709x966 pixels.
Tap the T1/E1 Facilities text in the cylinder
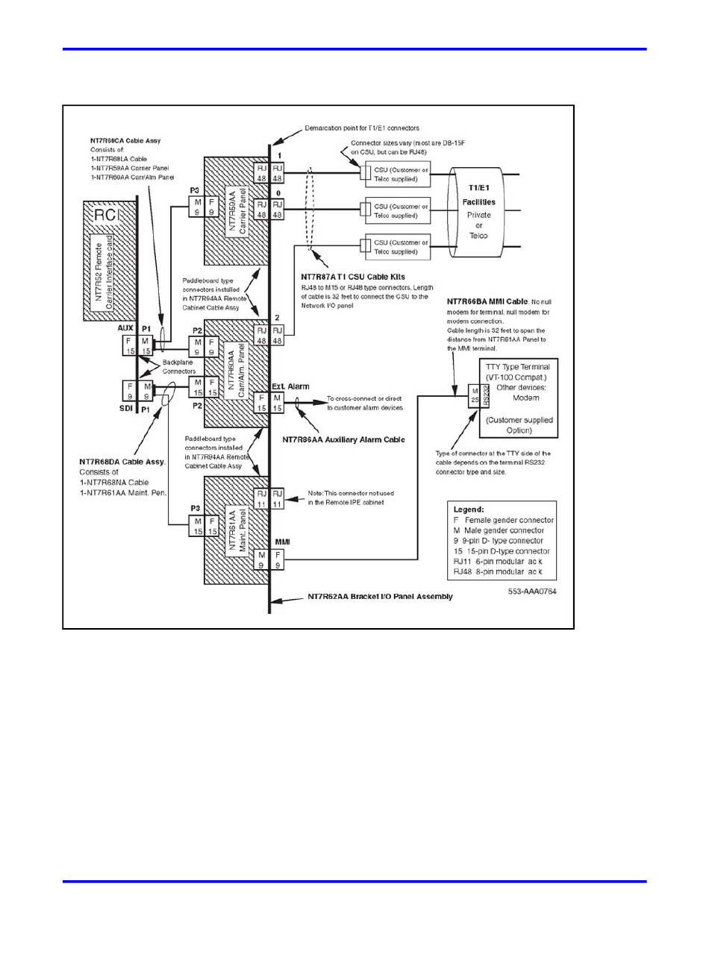[478, 196]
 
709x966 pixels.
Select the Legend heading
[469, 509]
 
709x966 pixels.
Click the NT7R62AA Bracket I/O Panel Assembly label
[380, 597]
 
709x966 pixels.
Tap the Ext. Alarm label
[290, 386]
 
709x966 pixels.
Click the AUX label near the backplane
[125, 328]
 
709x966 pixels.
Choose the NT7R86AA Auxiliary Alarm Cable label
[343, 440]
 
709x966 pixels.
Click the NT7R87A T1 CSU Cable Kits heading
[353, 277]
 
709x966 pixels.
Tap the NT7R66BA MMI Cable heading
[487, 301]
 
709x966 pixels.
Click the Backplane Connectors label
[179, 366]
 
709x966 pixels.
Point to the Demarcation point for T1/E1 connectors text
[361, 128]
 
